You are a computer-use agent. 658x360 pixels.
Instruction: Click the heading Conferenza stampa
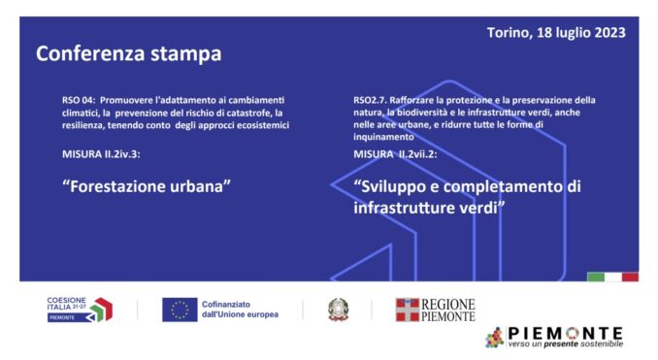click(128, 53)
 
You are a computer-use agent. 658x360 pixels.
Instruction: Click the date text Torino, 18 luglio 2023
click(556, 32)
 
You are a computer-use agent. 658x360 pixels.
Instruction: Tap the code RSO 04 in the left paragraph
click(76, 100)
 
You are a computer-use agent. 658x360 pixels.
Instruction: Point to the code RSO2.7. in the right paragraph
click(370, 100)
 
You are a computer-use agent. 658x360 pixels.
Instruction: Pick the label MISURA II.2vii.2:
click(396, 153)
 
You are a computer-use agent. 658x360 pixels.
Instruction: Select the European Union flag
click(180, 310)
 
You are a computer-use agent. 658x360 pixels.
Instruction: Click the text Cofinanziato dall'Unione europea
click(240, 310)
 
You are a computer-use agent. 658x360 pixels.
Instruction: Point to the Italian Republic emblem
click(338, 310)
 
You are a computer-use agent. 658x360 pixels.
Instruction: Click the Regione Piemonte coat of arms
click(407, 310)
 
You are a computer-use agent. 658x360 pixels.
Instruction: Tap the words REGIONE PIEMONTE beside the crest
click(449, 310)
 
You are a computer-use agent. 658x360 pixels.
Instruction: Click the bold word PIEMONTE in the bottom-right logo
click(568, 332)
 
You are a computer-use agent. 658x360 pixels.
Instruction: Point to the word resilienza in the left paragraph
click(84, 125)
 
